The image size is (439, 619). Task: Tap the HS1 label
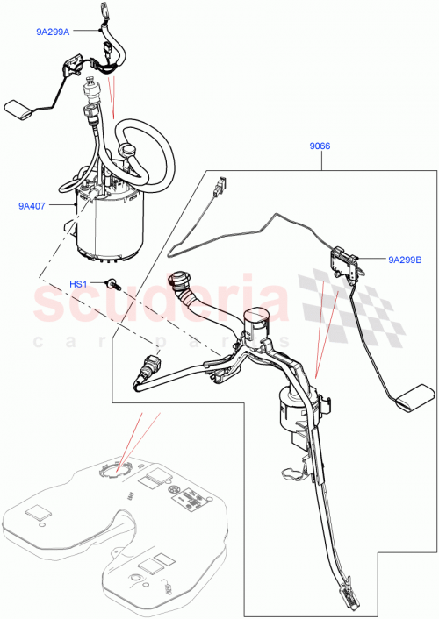79,284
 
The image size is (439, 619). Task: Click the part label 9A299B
405,260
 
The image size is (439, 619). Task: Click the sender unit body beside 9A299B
343,260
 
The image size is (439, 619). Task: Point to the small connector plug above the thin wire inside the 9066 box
219,186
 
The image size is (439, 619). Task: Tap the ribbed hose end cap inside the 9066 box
176,281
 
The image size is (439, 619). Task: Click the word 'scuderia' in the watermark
158,302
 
